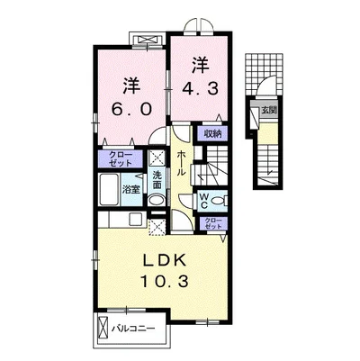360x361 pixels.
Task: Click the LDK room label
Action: pyautogui.click(x=165, y=261)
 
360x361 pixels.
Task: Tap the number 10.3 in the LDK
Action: pyautogui.click(x=165, y=282)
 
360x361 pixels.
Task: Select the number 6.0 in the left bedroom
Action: pyautogui.click(x=131, y=109)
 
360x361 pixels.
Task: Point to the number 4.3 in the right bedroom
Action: pyautogui.click(x=200, y=88)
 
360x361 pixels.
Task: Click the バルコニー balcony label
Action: pyautogui.click(x=134, y=329)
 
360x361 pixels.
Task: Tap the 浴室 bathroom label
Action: pyautogui.click(x=131, y=190)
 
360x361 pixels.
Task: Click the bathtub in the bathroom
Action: pyautogui.click(x=108, y=189)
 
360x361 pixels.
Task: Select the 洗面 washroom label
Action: pyautogui.click(x=157, y=180)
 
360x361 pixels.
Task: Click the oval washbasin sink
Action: pyautogui.click(x=157, y=200)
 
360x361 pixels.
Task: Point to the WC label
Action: pyautogui.click(x=203, y=201)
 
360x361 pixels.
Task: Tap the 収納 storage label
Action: pyautogui.click(x=213, y=133)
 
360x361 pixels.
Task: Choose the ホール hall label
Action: pyautogui.click(x=182, y=164)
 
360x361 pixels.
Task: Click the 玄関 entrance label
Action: pyautogui.click(x=268, y=110)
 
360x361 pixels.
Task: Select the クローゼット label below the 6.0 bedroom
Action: pyautogui.click(x=121, y=159)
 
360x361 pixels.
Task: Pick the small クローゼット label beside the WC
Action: pyautogui.click(x=213, y=223)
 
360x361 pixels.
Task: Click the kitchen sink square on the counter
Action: pyautogui.click(x=136, y=220)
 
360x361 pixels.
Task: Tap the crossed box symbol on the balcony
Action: pyautogui.click(x=103, y=328)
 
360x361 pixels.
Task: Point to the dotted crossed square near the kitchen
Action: pyautogui.click(x=157, y=227)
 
